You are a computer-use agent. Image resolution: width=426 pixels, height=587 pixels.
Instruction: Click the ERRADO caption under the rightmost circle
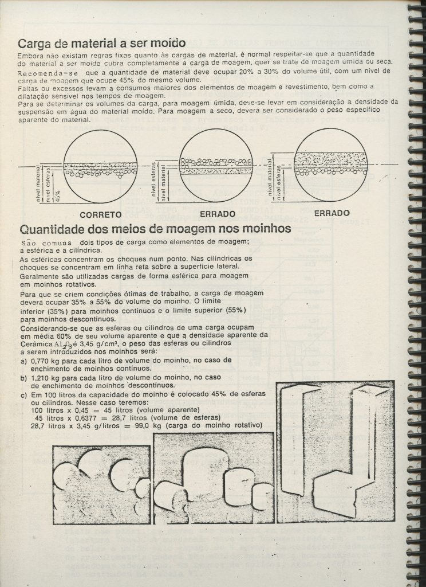[332, 213]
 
